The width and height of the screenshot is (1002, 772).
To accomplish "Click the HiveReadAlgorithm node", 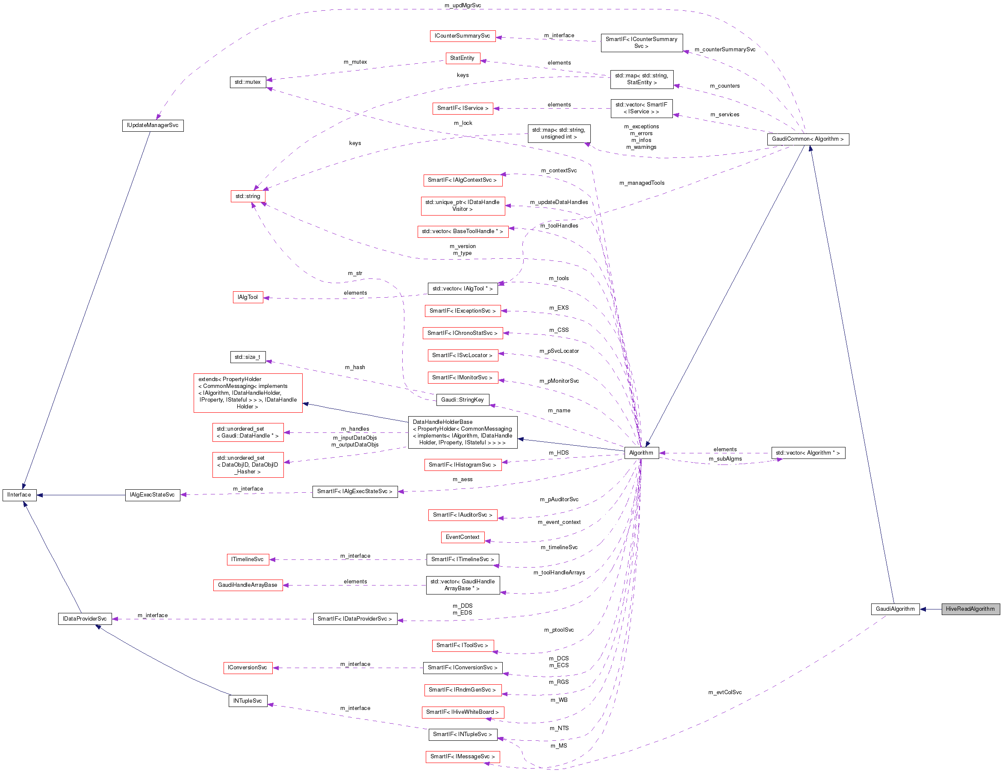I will coord(970,609).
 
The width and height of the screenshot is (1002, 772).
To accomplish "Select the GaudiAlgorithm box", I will coord(895,609).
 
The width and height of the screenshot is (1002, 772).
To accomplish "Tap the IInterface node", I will coord(19,495).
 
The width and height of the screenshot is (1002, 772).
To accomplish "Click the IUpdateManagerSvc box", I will coord(153,125).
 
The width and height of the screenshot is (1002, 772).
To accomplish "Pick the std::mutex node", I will coord(248,82).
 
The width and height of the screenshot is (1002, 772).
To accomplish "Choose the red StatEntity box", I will coord(463,58).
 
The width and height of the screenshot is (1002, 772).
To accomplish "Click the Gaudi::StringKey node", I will coord(463,400).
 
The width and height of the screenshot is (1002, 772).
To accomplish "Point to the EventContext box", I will coord(463,537).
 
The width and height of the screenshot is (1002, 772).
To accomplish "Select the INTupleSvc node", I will coord(248,701).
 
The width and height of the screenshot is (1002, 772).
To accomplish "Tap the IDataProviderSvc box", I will coord(85,619).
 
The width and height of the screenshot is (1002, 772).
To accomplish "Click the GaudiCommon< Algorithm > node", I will coord(807,139).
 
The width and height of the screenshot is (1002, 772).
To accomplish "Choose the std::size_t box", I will coord(248,357).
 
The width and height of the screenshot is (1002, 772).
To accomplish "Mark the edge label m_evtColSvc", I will coord(725,692).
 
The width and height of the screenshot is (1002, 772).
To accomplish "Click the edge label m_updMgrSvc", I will coord(463,6).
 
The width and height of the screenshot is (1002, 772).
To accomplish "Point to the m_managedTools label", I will coord(641,183).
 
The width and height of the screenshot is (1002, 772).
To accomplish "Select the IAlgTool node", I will coord(248,297).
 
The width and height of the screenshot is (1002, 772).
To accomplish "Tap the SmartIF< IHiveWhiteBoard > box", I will coord(463,712).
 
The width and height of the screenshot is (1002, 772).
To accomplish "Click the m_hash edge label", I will coord(355,367).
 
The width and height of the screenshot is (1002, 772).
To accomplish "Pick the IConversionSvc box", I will coord(248,668).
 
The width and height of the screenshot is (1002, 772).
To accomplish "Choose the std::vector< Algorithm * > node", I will coord(808,453).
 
